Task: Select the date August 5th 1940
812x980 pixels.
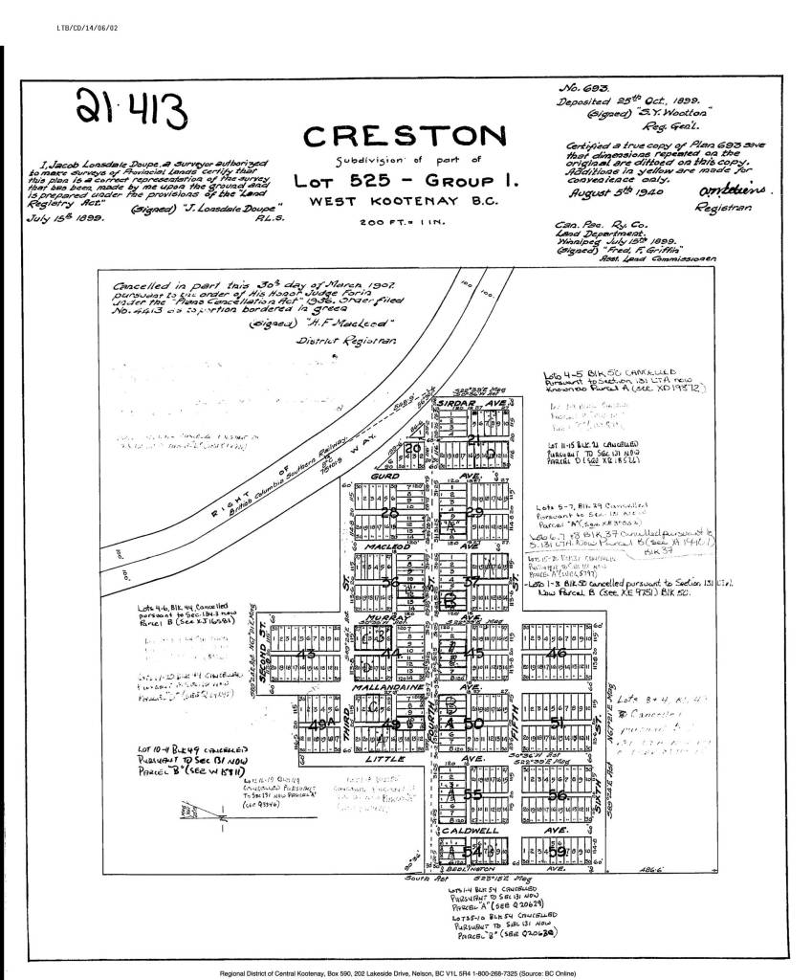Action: [x=604, y=192]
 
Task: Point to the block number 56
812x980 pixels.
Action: [x=559, y=794]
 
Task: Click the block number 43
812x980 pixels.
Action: [x=307, y=654]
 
